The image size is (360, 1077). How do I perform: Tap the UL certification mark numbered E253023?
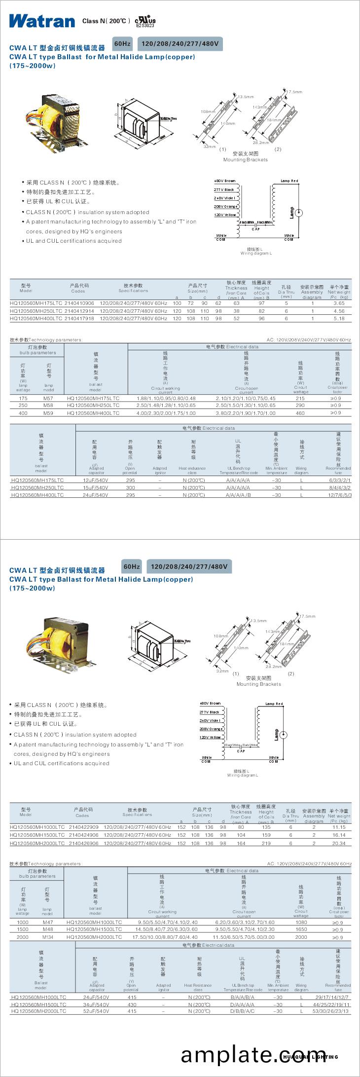tap(145, 22)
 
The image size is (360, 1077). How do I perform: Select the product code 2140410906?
tap(79, 303)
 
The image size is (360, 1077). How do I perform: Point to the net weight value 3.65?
tap(339, 303)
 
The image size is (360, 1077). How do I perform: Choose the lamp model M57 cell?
tap(48, 398)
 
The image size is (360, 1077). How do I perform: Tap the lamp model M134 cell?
tap(48, 937)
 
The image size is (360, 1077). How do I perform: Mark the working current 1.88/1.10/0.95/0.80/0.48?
tap(166, 398)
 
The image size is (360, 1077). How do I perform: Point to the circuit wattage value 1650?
tap(301, 929)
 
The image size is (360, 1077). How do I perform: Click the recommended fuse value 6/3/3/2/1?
tap(340, 480)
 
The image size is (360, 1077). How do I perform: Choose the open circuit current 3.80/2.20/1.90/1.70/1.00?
tap(246, 413)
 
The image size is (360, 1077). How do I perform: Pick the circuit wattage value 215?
tap(300, 398)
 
